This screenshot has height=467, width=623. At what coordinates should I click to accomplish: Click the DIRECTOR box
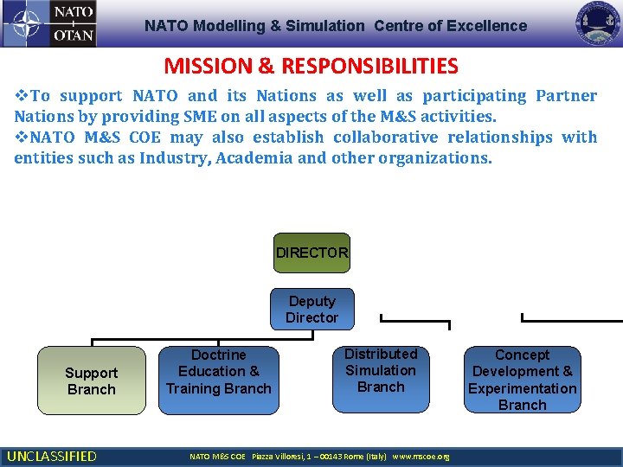[x=311, y=253]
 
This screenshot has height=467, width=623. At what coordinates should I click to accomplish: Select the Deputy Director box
[x=311, y=310]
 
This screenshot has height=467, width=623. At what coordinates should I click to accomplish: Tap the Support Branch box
[x=92, y=381]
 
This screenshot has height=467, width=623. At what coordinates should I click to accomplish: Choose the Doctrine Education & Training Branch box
[x=218, y=372]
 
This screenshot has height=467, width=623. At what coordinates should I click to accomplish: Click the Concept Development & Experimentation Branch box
[x=522, y=379]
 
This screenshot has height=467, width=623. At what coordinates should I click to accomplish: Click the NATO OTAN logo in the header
[x=49, y=23]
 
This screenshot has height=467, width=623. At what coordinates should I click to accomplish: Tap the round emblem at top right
[x=598, y=23]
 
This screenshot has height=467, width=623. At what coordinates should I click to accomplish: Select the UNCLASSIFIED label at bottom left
[x=51, y=456]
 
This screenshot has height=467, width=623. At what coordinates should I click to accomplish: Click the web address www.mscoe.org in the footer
[x=421, y=457]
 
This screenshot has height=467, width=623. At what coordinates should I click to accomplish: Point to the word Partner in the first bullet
[x=566, y=96]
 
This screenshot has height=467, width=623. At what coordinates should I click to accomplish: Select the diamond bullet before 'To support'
[x=21, y=96]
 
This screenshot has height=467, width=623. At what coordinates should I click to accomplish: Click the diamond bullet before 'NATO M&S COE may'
[x=21, y=138]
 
